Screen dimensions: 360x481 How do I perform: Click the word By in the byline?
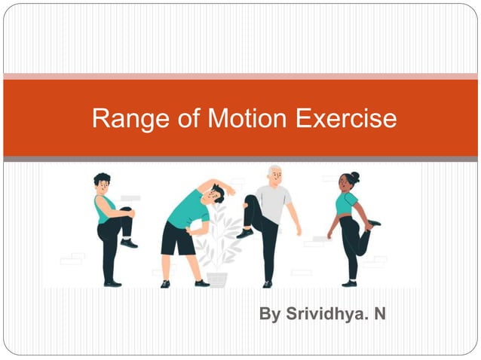pyautogui.click(x=269, y=313)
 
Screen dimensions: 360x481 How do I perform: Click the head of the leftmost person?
pyautogui.click(x=102, y=183)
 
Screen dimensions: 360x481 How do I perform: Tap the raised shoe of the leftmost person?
pyautogui.click(x=129, y=243)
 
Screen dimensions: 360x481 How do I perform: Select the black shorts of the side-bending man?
pyautogui.click(x=178, y=239)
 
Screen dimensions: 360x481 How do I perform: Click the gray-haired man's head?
pyautogui.click(x=274, y=175)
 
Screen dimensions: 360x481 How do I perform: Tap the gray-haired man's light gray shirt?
pyautogui.click(x=274, y=201)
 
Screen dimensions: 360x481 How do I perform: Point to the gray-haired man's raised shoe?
pyautogui.click(x=245, y=233)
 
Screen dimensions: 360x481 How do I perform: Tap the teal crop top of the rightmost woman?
pyautogui.click(x=346, y=203)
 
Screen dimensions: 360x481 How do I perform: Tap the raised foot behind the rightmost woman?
pyautogui.click(x=372, y=223)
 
